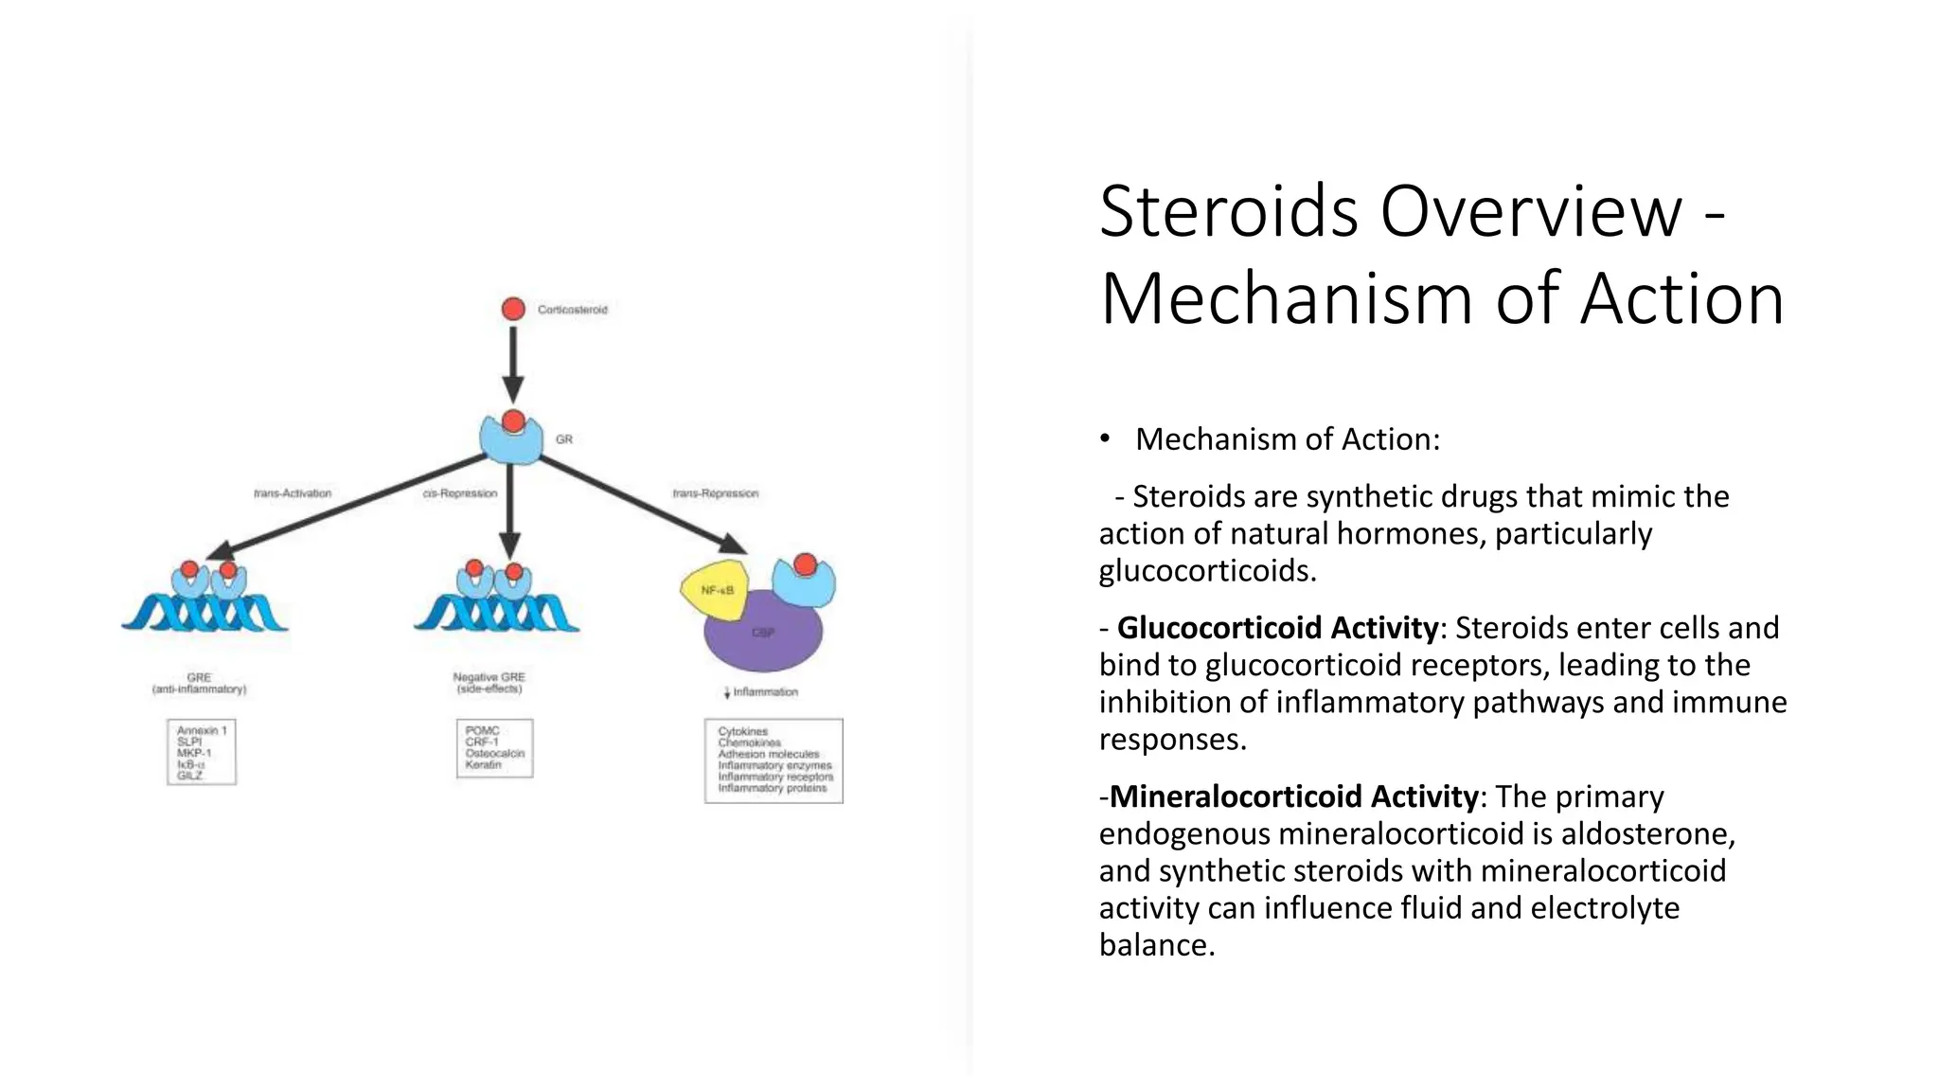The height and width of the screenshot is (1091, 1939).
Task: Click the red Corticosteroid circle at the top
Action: (x=513, y=309)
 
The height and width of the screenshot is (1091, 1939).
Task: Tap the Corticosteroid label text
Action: (x=572, y=310)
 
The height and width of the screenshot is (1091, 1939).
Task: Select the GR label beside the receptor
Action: (x=564, y=439)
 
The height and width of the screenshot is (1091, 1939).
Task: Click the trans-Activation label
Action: (x=293, y=493)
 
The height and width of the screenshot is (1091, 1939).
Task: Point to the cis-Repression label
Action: (x=460, y=493)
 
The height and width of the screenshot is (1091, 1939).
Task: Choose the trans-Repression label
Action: (x=716, y=493)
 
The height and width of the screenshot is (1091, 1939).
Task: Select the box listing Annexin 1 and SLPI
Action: (x=202, y=752)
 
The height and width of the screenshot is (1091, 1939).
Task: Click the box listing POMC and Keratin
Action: (x=494, y=748)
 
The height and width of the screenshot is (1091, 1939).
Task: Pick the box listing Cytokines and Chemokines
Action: (x=774, y=760)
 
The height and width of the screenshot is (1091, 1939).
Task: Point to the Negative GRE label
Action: (x=489, y=683)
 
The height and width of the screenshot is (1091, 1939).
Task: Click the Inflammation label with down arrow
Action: (x=761, y=692)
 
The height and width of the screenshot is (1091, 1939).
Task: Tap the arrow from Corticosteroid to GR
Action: (x=513, y=365)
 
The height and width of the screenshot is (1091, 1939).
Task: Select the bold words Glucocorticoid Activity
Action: (x=1277, y=628)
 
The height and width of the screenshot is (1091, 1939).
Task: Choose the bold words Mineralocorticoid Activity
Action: (x=1292, y=796)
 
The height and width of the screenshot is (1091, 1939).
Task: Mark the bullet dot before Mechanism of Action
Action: (x=1105, y=438)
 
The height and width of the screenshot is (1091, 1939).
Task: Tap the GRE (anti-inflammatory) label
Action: (x=199, y=683)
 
